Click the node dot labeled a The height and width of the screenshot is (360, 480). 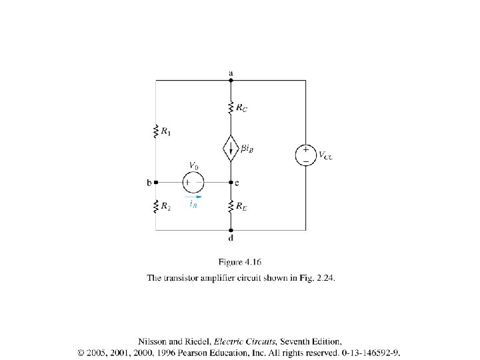(231, 81)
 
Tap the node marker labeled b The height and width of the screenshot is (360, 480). (156, 181)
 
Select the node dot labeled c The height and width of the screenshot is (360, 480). (231, 181)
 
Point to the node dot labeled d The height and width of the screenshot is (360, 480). (231, 230)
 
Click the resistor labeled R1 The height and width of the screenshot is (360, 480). (156, 131)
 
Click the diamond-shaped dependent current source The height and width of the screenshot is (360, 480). (231, 148)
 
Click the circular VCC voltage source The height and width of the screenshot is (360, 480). (305, 155)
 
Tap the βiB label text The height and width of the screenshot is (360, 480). (246, 149)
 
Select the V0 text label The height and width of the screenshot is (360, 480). (194, 165)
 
